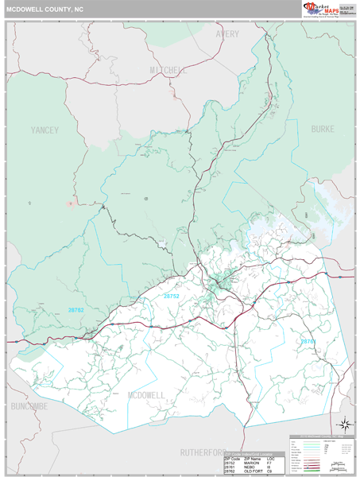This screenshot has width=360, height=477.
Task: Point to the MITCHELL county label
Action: (168, 71)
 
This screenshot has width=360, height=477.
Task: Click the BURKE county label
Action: (323, 128)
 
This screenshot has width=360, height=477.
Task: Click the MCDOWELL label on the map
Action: (146, 394)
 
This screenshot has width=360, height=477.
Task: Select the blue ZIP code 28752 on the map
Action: (172, 296)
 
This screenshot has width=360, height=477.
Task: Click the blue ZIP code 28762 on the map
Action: (75, 309)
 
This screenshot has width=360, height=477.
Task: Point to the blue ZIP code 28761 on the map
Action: (308, 341)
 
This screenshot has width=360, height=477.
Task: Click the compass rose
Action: (344, 424)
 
